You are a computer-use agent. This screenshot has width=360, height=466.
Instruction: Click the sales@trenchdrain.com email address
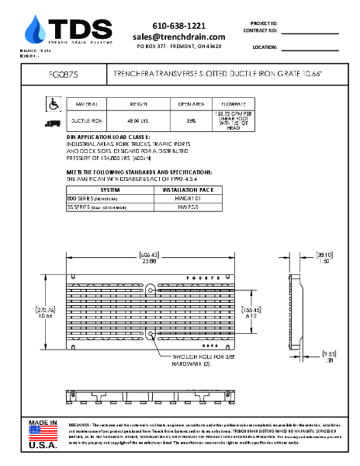click(178, 37)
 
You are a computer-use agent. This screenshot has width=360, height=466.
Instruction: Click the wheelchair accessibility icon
click(54, 103)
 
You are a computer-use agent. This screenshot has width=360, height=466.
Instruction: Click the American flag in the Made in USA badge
click(43, 433)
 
